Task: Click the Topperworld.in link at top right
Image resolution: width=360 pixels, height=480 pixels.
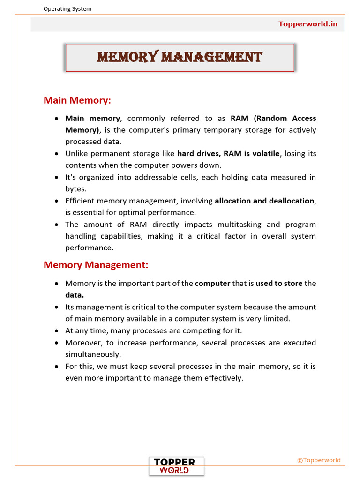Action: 308,24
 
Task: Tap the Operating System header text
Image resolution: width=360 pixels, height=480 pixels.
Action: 67,8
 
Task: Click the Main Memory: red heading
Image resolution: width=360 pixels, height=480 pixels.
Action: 77,100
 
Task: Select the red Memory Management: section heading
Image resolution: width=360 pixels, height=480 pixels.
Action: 96,265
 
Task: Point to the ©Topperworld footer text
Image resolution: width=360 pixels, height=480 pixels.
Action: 319,460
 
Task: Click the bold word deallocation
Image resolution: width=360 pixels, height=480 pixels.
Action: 291,201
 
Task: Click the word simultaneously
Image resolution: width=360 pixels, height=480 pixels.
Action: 93,354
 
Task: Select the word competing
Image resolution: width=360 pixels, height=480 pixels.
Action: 193,330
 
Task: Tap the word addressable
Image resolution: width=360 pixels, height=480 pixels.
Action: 157,177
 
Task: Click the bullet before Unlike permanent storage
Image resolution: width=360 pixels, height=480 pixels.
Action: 56,154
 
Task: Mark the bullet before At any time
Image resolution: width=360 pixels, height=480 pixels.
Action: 56,331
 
